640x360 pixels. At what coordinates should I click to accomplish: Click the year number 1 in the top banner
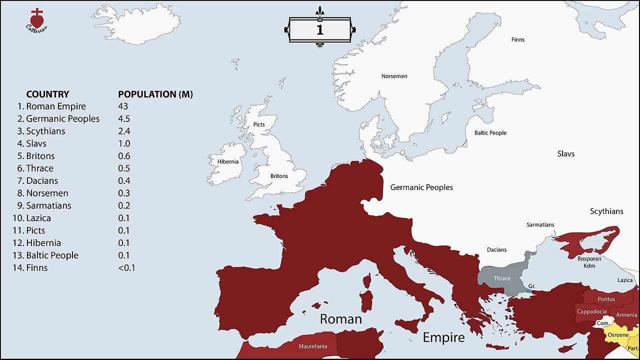click(x=319, y=29)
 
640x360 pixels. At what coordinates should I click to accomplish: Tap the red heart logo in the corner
click(x=36, y=19)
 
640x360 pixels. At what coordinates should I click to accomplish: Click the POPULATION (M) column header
click(x=155, y=94)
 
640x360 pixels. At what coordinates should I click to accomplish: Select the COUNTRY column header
click(x=47, y=94)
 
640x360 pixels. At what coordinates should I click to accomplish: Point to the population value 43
click(x=123, y=106)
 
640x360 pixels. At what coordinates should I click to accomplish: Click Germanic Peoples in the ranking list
click(x=62, y=119)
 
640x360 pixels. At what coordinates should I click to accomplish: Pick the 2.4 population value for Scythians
click(x=124, y=131)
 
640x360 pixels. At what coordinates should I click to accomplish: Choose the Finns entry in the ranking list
click(x=36, y=268)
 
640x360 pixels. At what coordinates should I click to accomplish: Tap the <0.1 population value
click(x=126, y=268)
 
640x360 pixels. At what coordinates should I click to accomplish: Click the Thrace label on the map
click(x=502, y=278)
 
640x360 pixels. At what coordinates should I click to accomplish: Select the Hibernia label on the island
click(x=228, y=162)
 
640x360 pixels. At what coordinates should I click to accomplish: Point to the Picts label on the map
click(x=259, y=124)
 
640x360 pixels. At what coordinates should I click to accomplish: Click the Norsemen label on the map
click(x=394, y=76)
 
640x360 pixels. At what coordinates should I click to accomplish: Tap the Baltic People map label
click(x=490, y=133)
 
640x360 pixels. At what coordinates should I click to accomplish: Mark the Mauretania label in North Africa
click(x=313, y=346)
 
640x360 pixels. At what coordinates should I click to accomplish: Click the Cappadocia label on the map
click(x=591, y=311)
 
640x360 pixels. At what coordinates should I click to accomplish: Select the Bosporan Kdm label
click(x=586, y=262)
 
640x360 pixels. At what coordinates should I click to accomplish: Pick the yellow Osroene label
click(x=618, y=335)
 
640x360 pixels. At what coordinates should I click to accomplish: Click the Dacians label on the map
click(x=496, y=249)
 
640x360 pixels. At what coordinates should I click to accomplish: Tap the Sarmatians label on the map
click(x=540, y=225)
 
